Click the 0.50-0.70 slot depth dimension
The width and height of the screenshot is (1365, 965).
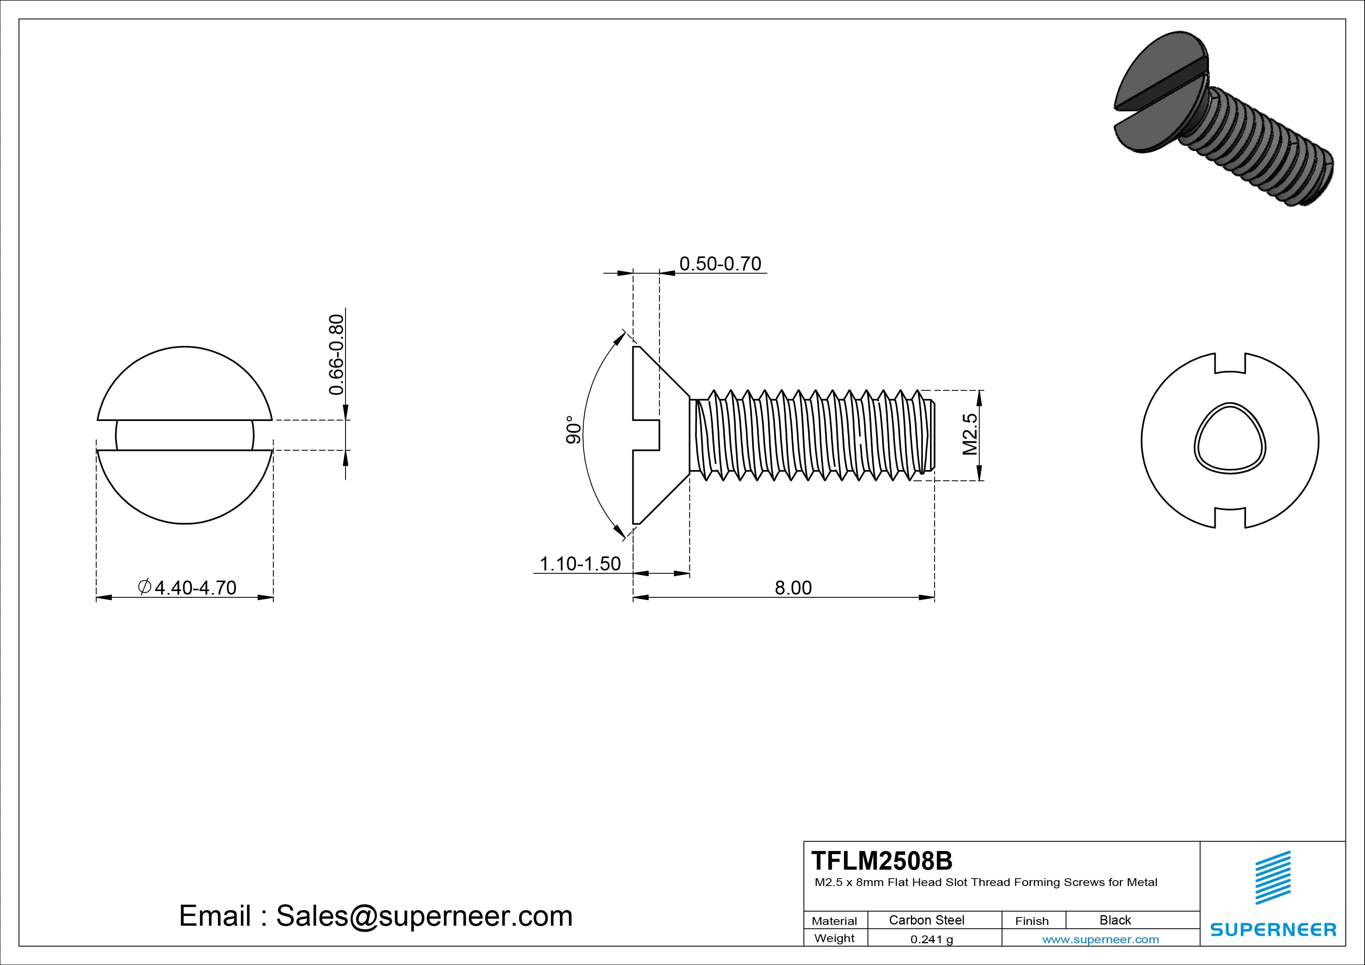point(719,263)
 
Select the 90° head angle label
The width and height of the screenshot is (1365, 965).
point(573,430)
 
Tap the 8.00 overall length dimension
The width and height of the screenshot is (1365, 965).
point(793,588)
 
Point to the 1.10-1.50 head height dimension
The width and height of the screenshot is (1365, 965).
point(580,564)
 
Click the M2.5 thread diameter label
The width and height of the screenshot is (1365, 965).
point(970,435)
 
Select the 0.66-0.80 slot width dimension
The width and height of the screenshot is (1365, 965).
point(337,354)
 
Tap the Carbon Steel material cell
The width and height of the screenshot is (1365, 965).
point(926,920)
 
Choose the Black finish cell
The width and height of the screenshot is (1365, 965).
point(1115,920)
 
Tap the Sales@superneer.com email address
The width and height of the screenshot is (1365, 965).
point(424,916)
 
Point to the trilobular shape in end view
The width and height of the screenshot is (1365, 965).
point(1230,440)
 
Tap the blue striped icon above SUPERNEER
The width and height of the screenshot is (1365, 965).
point(1273,877)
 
